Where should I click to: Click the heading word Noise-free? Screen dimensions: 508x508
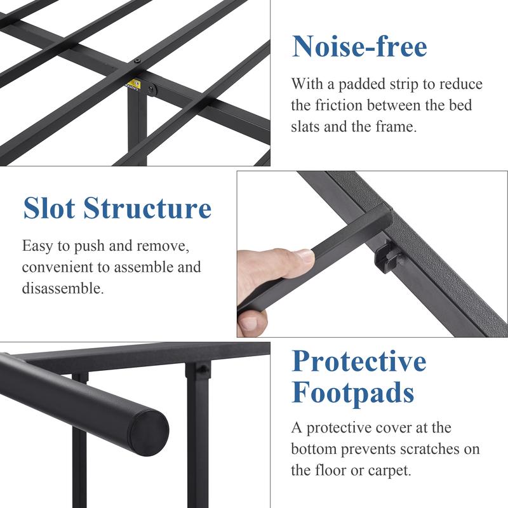359,47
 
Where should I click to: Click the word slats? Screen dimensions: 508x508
307,126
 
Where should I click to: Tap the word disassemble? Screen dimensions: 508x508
62,288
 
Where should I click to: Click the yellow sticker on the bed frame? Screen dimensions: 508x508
134,85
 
